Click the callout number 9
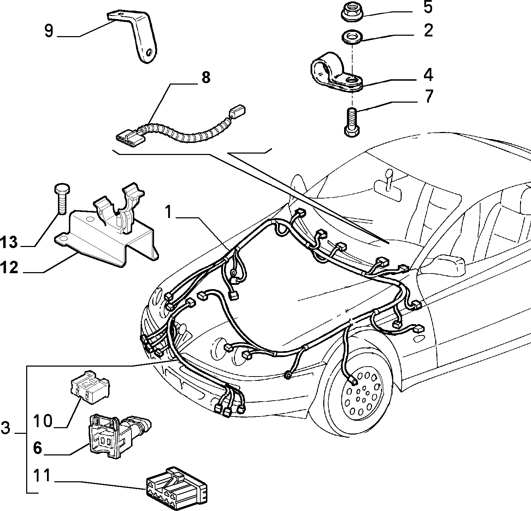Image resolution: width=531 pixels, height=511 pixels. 49,31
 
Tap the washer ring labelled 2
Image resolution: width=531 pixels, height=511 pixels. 352,38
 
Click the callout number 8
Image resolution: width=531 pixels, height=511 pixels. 205,77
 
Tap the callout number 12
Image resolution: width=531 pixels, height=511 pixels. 9,267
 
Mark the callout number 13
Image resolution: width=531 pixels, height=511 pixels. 9,242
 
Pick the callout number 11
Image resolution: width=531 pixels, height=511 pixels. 42,475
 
